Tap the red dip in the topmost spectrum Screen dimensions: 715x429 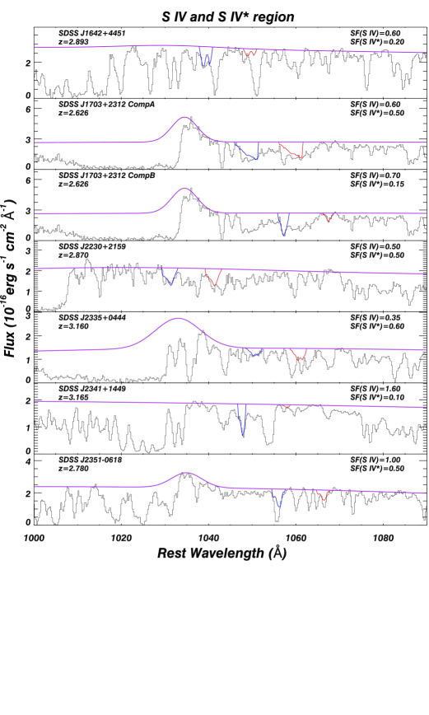249,54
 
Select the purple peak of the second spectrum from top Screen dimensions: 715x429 184,117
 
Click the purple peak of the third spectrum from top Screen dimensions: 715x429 184,189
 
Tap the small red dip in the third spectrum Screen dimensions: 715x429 329,218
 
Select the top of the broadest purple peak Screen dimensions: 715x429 178,318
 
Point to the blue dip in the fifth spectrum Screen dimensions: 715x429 254,353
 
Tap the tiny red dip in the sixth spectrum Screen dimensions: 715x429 286,406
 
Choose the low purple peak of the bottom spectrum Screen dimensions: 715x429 188,473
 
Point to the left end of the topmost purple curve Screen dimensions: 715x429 35,48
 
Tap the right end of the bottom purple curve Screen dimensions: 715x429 426,493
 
